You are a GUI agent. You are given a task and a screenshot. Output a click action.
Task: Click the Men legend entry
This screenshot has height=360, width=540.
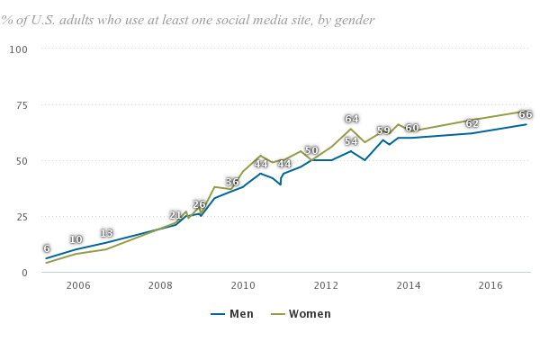[x=232, y=314]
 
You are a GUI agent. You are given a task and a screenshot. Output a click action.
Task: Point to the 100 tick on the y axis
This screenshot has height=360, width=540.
[x=19, y=48]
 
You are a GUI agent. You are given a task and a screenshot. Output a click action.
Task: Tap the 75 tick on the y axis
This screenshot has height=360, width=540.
[x=22, y=104]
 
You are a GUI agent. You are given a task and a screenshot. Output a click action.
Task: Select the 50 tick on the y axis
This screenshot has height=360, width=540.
[x=22, y=160]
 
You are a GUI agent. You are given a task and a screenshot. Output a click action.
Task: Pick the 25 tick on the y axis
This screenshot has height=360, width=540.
[x=22, y=217]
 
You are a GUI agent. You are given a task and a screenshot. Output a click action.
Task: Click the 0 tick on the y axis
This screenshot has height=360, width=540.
[x=24, y=273]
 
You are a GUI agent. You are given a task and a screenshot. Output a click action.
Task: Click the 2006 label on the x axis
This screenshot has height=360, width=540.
[x=77, y=285]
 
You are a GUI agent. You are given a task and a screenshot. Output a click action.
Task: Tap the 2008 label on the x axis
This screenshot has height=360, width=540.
[x=160, y=285]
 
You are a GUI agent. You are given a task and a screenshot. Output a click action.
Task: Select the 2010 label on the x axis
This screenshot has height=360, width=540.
[x=243, y=285]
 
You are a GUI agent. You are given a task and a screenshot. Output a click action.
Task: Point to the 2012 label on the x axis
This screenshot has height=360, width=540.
[x=325, y=285]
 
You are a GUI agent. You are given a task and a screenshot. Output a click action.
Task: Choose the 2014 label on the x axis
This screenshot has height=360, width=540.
[x=408, y=285]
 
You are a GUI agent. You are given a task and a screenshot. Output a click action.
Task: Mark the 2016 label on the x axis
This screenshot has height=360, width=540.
[x=490, y=285]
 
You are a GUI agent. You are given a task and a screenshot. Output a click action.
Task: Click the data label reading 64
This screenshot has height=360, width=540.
[x=351, y=119]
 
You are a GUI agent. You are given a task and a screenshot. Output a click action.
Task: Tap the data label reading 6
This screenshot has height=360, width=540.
[x=47, y=248]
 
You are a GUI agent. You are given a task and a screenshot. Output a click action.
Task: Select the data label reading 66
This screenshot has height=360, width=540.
[x=526, y=114]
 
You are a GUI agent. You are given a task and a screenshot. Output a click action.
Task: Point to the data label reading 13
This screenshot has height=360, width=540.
[x=106, y=233]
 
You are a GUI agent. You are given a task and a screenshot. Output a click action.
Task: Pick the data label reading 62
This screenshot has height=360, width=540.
[x=472, y=123]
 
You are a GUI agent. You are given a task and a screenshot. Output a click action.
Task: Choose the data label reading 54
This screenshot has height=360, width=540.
[x=351, y=141]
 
